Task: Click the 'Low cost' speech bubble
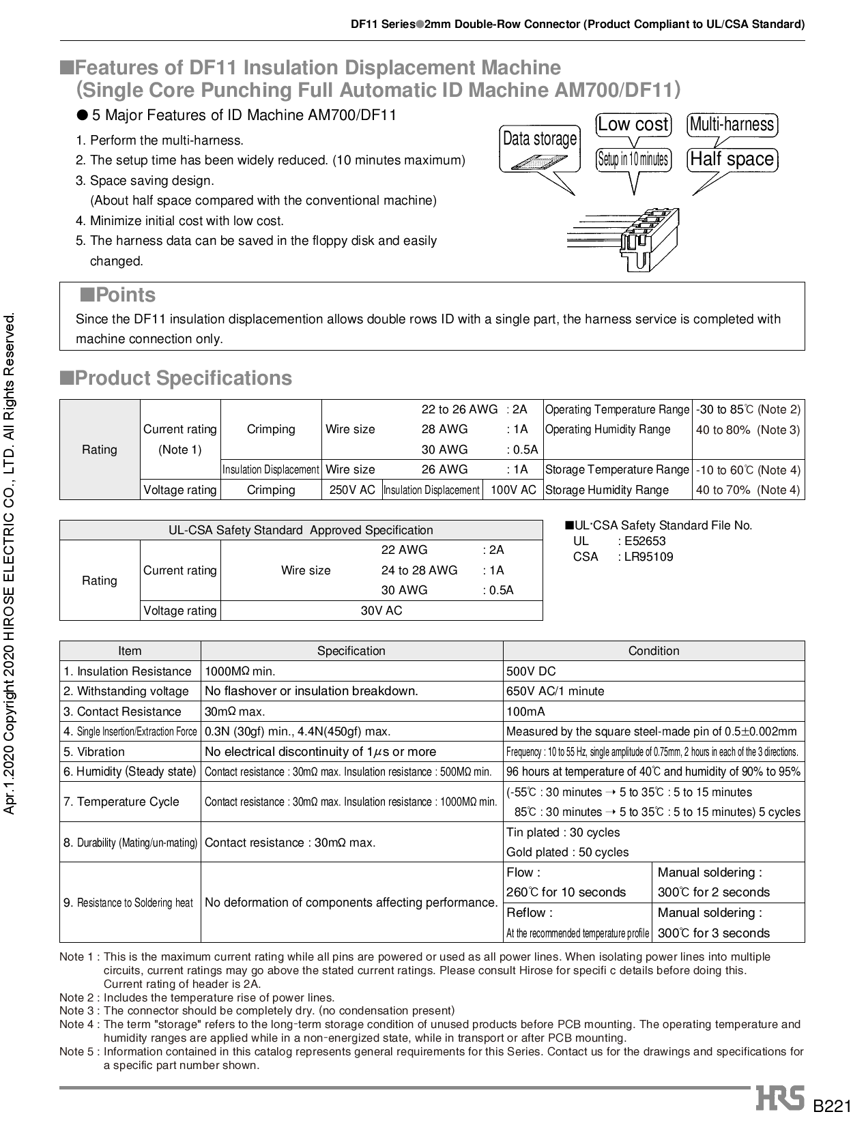(633, 125)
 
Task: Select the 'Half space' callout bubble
(732, 160)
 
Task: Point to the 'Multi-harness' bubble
(732, 125)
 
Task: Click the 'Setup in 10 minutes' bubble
(633, 160)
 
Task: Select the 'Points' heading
(118, 295)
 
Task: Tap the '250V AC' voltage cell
(351, 490)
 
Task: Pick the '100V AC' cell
(513, 490)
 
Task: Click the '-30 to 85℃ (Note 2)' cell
(748, 410)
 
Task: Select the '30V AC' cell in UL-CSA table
(381, 611)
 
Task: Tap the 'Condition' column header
(653, 651)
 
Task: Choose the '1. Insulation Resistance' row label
(128, 671)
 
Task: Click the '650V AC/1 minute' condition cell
(555, 691)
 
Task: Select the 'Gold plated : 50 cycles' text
(567, 852)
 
